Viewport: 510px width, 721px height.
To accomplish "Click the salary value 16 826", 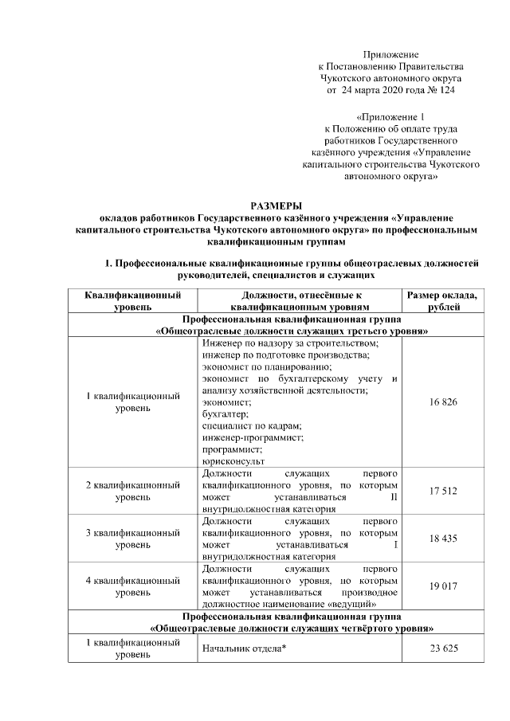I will coord(443,402).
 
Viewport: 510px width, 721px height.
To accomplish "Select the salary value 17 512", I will coord(443,491).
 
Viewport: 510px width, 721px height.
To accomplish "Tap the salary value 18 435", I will coord(443,539).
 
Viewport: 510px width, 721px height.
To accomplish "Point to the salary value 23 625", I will coord(443,649).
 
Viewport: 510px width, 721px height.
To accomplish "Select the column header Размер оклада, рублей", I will coord(442,300).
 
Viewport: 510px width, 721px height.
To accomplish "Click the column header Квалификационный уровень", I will coord(132,300).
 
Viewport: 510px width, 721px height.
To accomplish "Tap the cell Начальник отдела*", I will coord(245,649).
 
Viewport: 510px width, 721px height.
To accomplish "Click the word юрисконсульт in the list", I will coord(233,460).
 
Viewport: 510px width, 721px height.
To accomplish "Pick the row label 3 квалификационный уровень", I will coord(132,539).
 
